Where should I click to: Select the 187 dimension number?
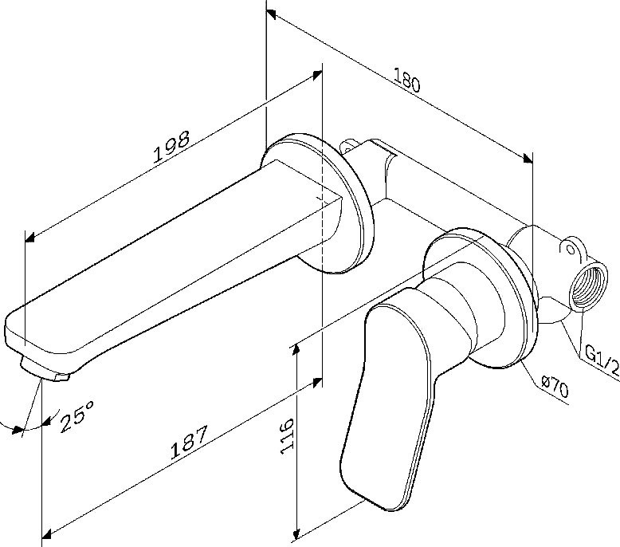190,444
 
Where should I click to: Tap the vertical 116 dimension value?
287,435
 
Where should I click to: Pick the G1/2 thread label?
602,360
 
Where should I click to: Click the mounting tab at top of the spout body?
348,147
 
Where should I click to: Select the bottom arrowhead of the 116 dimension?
296,532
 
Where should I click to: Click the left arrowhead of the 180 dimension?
272,14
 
